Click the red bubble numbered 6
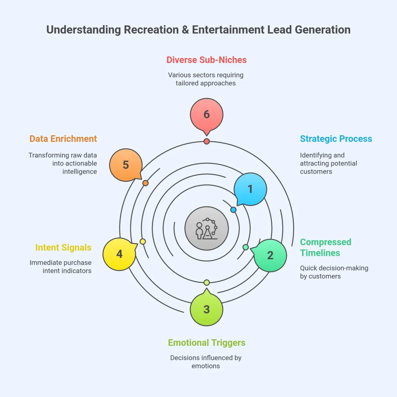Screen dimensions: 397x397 pos(207,114)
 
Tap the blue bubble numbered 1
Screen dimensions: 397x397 pos(250,189)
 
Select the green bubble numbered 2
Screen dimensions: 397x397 pos(270,255)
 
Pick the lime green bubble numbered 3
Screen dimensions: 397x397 pos(207,309)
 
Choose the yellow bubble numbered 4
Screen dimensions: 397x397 pos(119,254)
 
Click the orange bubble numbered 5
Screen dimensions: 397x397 pos(126,165)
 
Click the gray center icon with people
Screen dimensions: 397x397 pos(207,228)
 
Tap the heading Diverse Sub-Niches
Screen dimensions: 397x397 pos(207,60)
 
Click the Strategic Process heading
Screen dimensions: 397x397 pos(336,139)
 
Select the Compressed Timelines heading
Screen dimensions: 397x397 pos(326,247)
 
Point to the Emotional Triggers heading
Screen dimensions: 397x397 pos(207,343)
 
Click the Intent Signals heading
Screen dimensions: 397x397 pos(63,247)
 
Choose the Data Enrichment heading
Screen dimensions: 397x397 pos(63,139)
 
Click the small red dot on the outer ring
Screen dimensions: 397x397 pos(207,142)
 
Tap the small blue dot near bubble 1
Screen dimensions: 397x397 pos(233,210)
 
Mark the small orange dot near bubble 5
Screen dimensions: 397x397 pos(145,183)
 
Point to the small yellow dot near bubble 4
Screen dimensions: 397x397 pos(143,242)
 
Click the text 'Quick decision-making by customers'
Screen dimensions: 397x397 pos(334,272)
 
